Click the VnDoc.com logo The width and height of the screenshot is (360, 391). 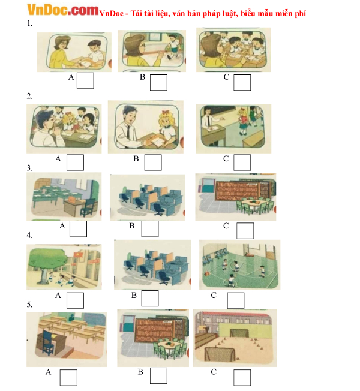63,10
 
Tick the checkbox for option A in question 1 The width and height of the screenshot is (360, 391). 85,80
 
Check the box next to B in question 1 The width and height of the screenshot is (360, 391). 158,82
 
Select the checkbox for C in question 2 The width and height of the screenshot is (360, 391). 242,163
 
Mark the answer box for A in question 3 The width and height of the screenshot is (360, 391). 78,228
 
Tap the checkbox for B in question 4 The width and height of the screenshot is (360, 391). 149,298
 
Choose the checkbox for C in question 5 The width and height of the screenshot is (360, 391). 242,378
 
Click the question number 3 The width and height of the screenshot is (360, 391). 29,168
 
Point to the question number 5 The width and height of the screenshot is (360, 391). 29,305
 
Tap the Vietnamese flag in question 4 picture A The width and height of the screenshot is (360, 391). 77,255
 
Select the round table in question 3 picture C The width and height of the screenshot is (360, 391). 253,203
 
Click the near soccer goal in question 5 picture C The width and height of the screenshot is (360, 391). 220,354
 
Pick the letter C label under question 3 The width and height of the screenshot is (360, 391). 226,226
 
